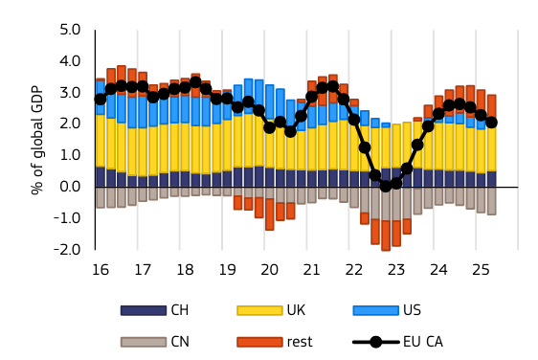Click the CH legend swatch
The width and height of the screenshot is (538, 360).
pyautogui.click(x=144, y=310)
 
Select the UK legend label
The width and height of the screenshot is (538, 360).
pyautogui.click(x=296, y=310)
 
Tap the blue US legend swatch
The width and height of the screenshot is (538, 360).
pyautogui.click(x=376, y=310)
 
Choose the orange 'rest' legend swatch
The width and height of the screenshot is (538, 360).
pyautogui.click(x=259, y=342)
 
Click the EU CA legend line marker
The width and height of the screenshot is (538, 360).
pyautogui.click(x=376, y=342)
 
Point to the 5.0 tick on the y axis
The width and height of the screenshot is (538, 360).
pyautogui.click(x=70, y=30)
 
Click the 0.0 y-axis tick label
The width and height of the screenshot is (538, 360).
pyautogui.click(x=70, y=187)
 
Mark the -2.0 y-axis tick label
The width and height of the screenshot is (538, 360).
pyautogui.click(x=67, y=250)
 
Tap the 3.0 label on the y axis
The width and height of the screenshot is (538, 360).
pyautogui.click(x=70, y=93)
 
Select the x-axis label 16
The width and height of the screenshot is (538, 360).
pyautogui.click(x=101, y=270)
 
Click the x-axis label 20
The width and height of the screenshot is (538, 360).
pyautogui.click(x=269, y=270)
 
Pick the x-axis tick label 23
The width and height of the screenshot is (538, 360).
pyautogui.click(x=396, y=270)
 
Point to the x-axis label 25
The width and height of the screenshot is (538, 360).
pyautogui.click(x=481, y=270)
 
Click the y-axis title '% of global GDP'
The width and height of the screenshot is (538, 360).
pyautogui.click(x=37, y=140)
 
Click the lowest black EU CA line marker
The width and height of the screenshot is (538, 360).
pyautogui.click(x=386, y=186)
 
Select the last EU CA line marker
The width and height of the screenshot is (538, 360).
pyautogui.click(x=491, y=123)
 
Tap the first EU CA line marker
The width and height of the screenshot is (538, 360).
pyautogui.click(x=101, y=100)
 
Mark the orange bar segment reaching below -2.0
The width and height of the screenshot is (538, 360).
pyautogui.click(x=386, y=236)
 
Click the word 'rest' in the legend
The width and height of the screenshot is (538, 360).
pyautogui.click(x=300, y=342)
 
